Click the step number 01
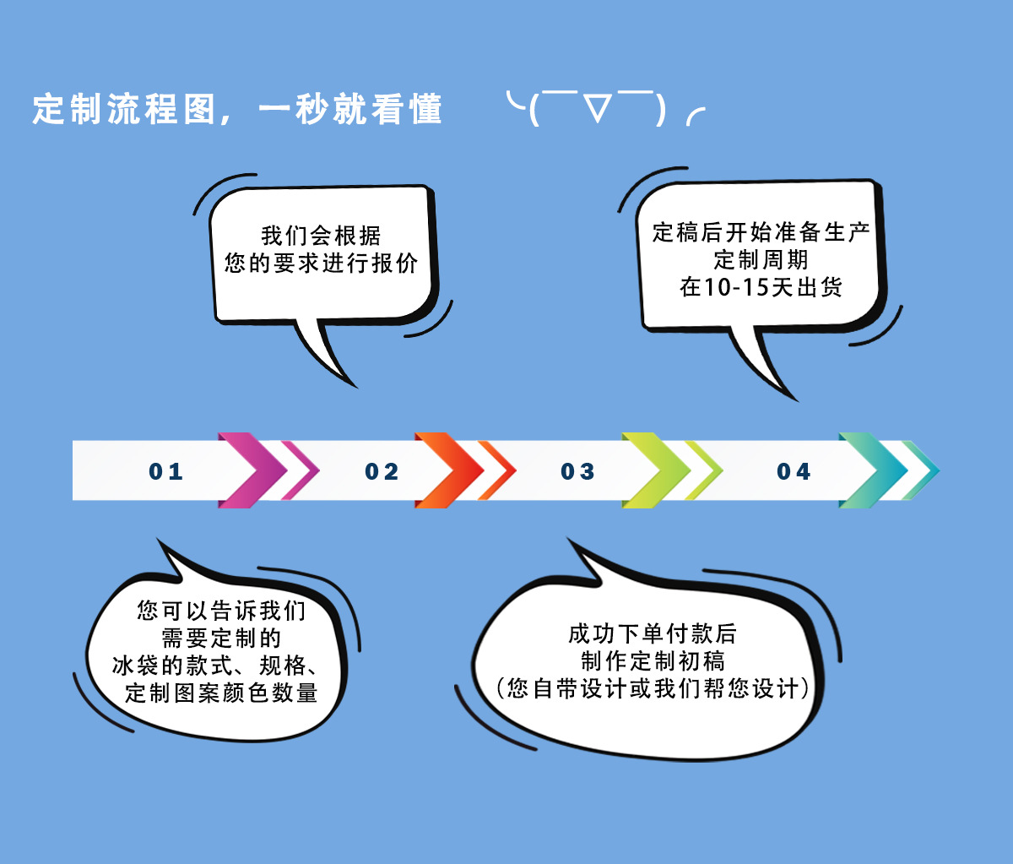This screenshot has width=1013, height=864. point(166,471)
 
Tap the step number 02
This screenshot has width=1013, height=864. point(382,471)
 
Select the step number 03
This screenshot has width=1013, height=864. point(578,471)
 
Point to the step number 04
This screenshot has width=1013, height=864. point(794,471)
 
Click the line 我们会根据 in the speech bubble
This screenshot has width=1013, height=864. point(321,236)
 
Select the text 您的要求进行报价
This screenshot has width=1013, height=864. point(321,263)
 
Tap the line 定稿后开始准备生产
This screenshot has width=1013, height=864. point(761,231)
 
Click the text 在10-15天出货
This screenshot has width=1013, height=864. point(761,286)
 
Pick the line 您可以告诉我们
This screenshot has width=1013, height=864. point(221,610)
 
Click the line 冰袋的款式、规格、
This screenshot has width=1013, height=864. point(215,665)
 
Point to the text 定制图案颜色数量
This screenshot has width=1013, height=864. point(221,693)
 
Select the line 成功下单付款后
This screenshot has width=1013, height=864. point(653,633)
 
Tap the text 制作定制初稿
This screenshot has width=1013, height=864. point(653,660)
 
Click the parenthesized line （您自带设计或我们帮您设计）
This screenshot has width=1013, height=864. point(653,688)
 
